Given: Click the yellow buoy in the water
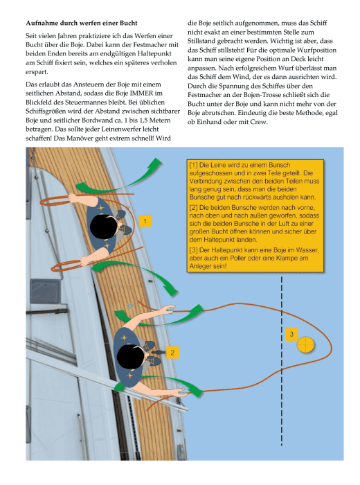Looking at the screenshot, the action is tap(305, 344).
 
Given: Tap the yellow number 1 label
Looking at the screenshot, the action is tap(145, 221).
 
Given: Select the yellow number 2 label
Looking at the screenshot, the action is tap(172, 353).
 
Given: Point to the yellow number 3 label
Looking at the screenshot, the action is tap(291, 334).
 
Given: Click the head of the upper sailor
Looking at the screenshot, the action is tap(104, 226).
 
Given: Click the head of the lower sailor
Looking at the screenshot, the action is tap(131, 357).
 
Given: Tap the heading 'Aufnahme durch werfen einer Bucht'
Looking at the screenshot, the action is tap(82, 23).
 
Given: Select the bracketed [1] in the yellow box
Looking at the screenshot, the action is tap(193, 165).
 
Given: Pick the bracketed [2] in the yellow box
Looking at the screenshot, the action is tap(193, 208).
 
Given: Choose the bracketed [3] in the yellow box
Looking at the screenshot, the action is tap(193, 250).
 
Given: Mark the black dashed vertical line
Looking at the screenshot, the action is tap(282, 361).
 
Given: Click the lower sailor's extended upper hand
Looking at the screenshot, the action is tap(170, 309).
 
